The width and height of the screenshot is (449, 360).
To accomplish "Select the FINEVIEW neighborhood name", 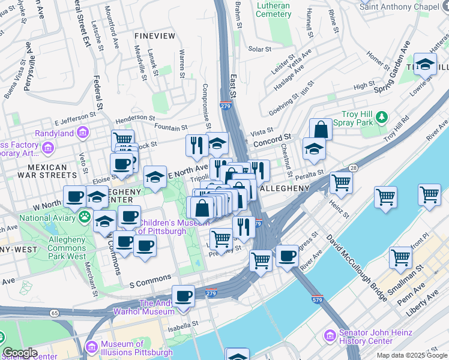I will point(155,36).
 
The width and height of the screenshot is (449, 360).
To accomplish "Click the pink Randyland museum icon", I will point(83,133).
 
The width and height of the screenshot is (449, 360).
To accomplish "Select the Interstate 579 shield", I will point(318,298).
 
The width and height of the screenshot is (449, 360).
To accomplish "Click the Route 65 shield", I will point(55,313).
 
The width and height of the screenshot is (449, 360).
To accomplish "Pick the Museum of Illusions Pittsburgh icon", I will point(91,346).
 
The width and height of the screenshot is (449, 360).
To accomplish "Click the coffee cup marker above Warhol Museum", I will point(183,296).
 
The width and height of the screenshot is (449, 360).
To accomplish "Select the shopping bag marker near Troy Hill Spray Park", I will point(321,129).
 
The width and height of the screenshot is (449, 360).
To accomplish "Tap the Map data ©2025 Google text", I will point(411,355).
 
